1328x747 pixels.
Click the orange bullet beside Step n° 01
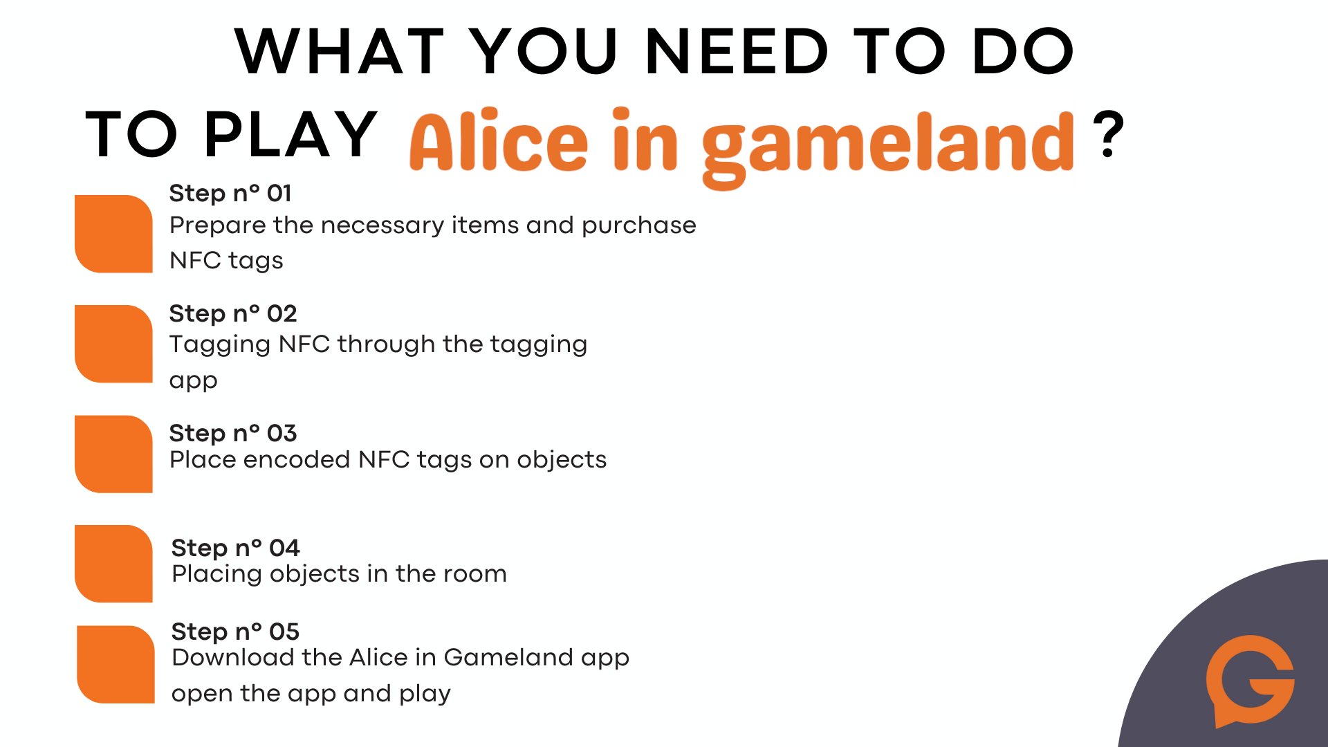(x=113, y=234)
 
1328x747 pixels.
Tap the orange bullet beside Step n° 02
(x=113, y=344)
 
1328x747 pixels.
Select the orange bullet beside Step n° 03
(x=113, y=454)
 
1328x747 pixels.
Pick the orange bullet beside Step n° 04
(x=113, y=564)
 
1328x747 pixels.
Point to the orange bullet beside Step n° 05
(x=116, y=665)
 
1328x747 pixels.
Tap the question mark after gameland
(x=1109, y=134)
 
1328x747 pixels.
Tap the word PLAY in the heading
(x=291, y=134)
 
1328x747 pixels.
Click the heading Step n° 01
(x=230, y=193)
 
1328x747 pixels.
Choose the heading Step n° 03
(x=233, y=433)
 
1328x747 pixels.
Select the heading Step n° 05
(x=235, y=631)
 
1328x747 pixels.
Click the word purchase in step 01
(x=638, y=226)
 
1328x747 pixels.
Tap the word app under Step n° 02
(x=194, y=382)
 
